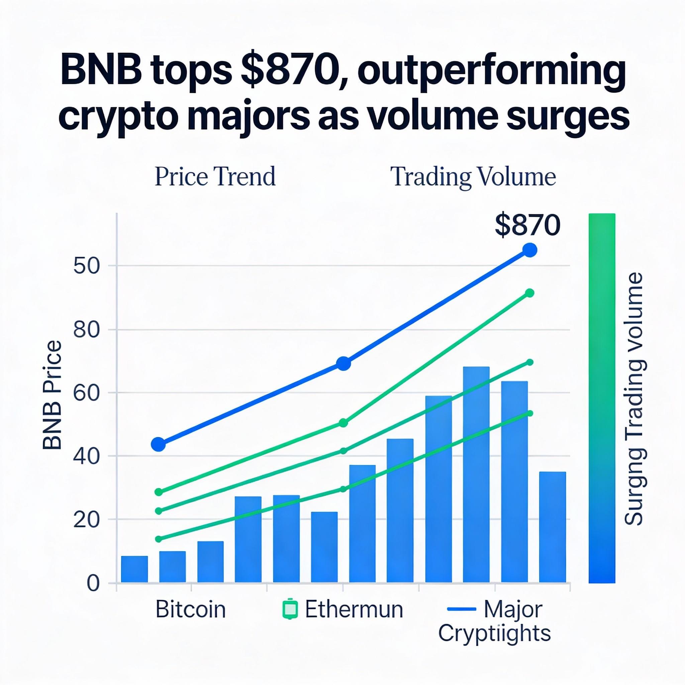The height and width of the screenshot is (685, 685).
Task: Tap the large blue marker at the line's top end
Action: (530, 250)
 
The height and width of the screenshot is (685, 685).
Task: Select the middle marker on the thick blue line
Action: (343, 364)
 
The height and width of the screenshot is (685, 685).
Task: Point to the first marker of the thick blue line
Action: (158, 444)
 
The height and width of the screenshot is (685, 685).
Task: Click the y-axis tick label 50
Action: (86, 266)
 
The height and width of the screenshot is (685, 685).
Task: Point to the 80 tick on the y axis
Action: (86, 330)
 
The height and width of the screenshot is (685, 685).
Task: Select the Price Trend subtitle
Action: (215, 177)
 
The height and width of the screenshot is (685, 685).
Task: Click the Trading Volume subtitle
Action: (473, 177)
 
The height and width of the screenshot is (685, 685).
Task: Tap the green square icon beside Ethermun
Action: (290, 609)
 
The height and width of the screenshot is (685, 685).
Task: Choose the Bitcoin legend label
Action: (190, 609)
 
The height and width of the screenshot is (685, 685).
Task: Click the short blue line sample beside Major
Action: (461, 609)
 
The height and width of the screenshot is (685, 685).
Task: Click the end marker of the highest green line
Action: (530, 293)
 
